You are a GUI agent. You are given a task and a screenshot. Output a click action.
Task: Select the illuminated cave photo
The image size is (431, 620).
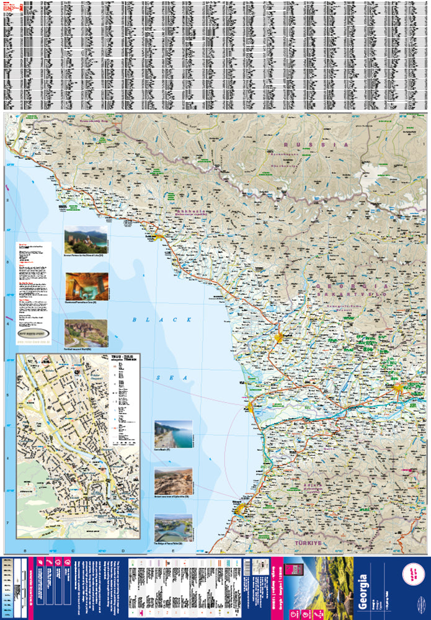click(86, 286)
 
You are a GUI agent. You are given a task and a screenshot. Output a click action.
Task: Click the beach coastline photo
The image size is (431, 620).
click(173, 435)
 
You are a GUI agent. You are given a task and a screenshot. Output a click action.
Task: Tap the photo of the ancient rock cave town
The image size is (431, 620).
click(173, 481)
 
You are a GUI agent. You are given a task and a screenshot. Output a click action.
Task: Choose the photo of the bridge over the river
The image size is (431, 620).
click(173, 528)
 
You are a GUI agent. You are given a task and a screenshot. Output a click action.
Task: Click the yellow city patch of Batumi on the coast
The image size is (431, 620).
click(241, 508)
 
